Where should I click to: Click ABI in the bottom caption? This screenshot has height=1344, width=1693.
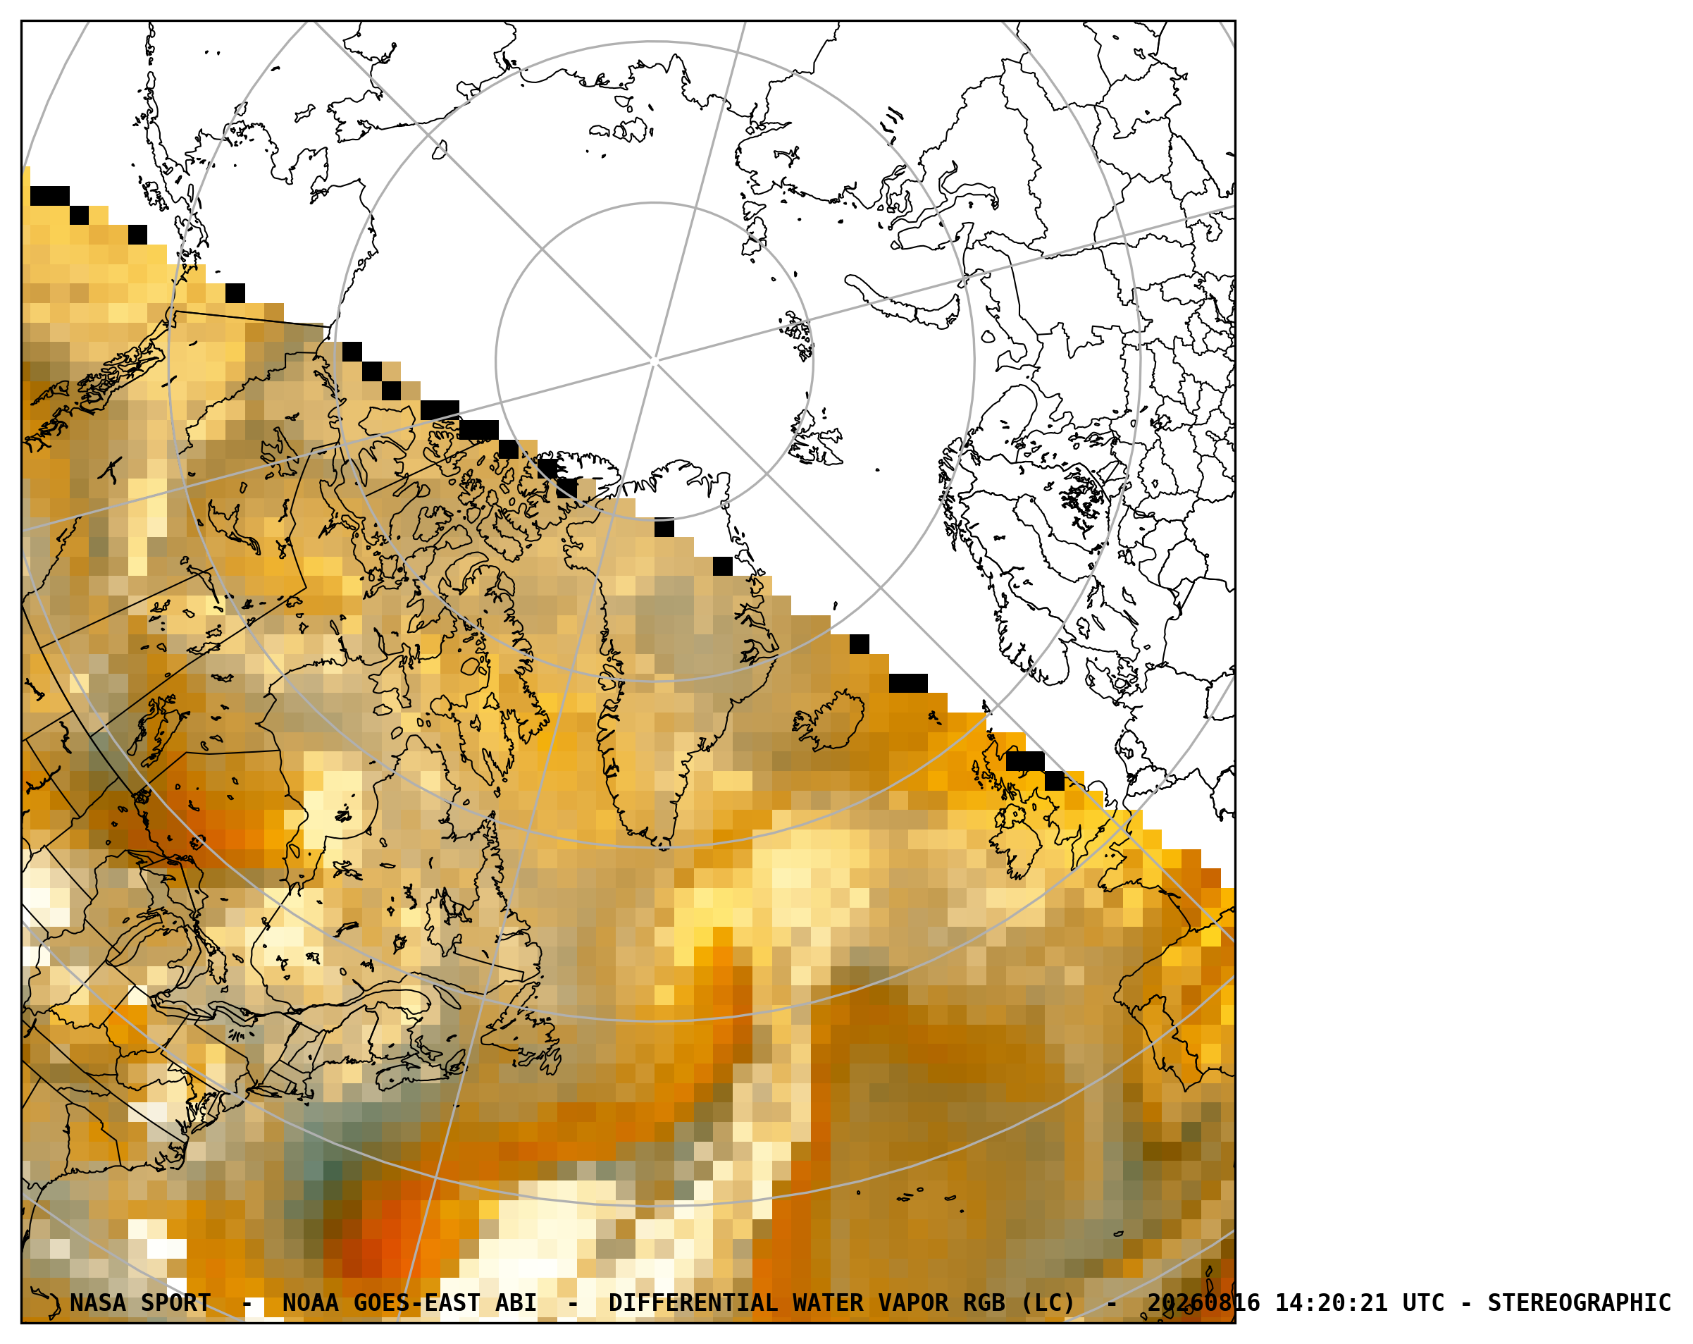[516, 1302]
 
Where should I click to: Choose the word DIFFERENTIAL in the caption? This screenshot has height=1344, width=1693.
[693, 1302]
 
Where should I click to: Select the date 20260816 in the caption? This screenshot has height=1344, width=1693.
[1203, 1302]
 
